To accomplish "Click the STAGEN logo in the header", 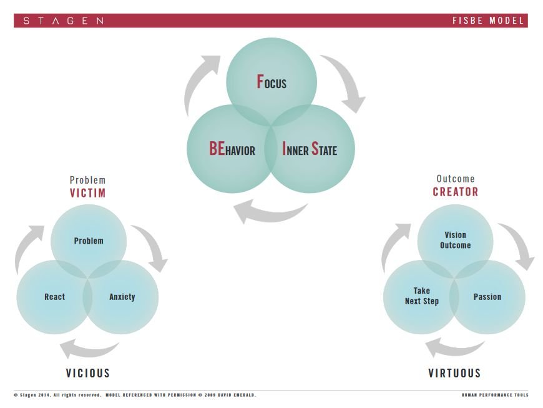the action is coord(64,21).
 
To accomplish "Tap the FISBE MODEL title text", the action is coord(488,21).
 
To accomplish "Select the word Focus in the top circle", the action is coord(271,82).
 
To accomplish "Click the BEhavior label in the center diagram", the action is coord(232,148).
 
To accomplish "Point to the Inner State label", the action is coord(310,149).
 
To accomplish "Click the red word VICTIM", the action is coord(87,192).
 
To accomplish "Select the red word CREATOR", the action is coord(456,192).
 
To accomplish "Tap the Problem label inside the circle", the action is coord(89,241).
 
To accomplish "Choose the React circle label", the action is coord(55,297).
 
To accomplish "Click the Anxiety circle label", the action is coord(122,297).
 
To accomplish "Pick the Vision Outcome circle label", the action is coord(456,240).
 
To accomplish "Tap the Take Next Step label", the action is coord(422,296).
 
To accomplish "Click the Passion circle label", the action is coord(487,297).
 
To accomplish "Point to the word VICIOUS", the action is coord(88,373).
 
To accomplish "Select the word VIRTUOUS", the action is coord(454,373).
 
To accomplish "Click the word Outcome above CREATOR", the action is coord(456,179).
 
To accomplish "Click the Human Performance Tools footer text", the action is coord(495,395).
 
